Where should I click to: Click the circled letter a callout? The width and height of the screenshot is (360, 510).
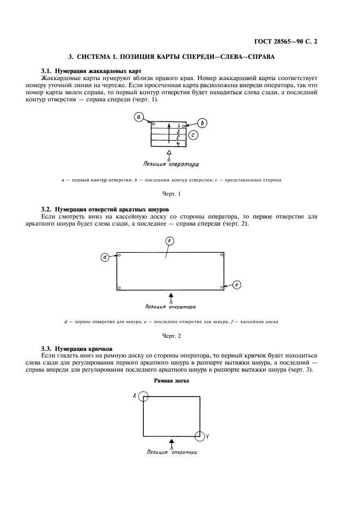click(x=139, y=117)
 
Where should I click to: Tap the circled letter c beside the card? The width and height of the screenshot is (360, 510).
click(x=194, y=134)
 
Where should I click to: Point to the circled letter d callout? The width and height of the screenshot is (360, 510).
click(x=105, y=258)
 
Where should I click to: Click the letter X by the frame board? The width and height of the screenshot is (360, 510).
click(x=134, y=396)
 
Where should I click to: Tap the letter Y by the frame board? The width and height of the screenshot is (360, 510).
click(x=208, y=436)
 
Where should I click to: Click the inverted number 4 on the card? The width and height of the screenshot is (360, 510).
click(x=178, y=143)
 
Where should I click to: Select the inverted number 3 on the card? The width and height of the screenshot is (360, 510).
click(x=178, y=137)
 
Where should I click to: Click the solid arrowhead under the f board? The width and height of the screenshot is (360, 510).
click(x=172, y=295)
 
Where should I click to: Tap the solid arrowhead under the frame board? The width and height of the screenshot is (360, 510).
click(x=172, y=441)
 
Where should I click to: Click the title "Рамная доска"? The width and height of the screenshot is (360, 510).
click(x=172, y=381)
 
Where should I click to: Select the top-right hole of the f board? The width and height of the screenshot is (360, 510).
click(x=221, y=255)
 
